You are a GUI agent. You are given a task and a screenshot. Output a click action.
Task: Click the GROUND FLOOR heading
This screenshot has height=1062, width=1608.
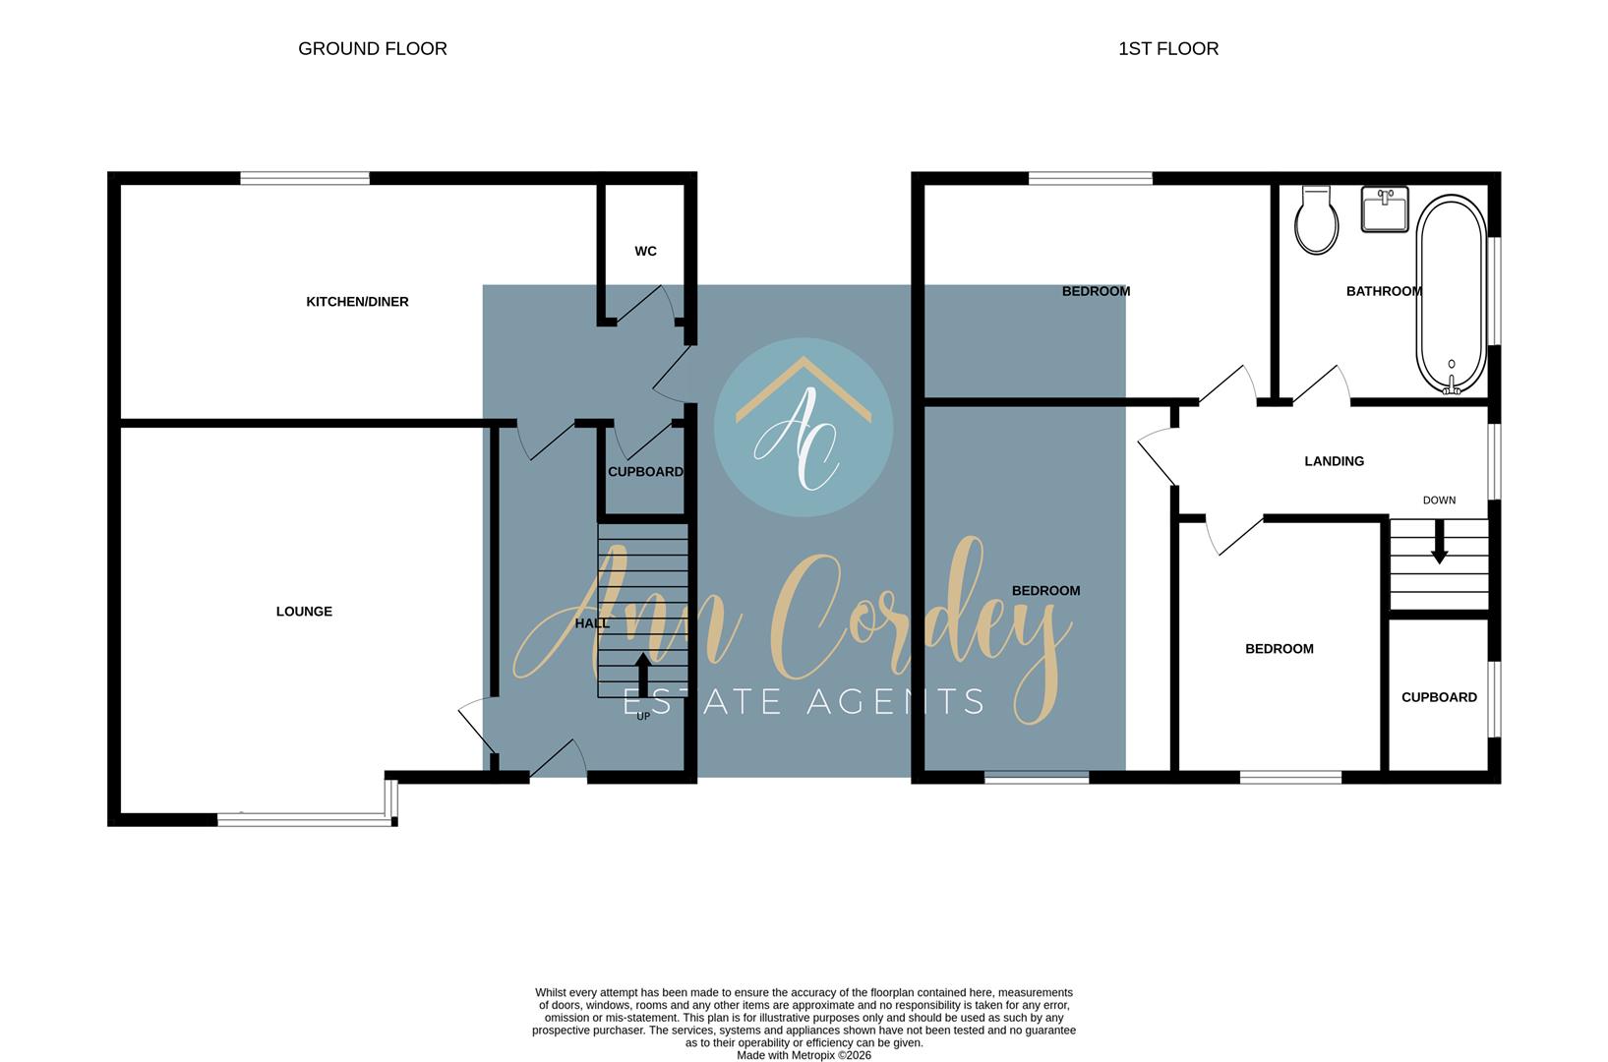(x=373, y=49)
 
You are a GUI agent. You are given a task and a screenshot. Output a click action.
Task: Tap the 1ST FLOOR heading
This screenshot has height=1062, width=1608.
(x=1168, y=49)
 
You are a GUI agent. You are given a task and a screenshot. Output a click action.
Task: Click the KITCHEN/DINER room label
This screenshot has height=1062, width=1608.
(x=357, y=302)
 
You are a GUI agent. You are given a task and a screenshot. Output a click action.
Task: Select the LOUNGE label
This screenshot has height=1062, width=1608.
(x=304, y=612)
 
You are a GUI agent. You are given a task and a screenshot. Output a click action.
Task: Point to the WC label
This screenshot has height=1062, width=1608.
(x=645, y=251)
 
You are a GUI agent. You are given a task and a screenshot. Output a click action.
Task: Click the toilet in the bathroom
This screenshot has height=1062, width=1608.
(x=1317, y=220)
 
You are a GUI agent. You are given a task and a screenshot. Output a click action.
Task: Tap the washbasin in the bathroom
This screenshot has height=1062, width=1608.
(x=1385, y=208)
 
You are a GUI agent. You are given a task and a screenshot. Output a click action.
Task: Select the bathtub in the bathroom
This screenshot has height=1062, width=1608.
(x=1451, y=294)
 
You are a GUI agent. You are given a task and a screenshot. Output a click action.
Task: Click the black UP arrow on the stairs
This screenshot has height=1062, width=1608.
(x=643, y=675)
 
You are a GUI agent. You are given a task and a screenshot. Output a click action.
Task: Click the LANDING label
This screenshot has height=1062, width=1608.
(x=1334, y=461)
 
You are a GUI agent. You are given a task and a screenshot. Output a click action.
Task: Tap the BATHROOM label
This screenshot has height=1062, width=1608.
(x=1384, y=291)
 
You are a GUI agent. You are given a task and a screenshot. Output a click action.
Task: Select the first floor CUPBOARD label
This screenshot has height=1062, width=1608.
(x=1439, y=697)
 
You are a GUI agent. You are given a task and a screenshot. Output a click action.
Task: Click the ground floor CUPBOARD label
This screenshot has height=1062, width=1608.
(x=645, y=472)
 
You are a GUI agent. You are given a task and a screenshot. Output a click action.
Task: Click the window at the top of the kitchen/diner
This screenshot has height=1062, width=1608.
(x=304, y=178)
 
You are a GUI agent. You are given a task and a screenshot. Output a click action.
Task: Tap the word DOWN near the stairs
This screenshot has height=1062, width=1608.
(x=1439, y=501)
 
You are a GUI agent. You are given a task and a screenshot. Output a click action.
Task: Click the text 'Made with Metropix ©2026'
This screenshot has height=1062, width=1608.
(x=804, y=1055)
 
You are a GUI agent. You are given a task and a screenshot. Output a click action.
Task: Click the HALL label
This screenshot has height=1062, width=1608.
(x=592, y=623)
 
